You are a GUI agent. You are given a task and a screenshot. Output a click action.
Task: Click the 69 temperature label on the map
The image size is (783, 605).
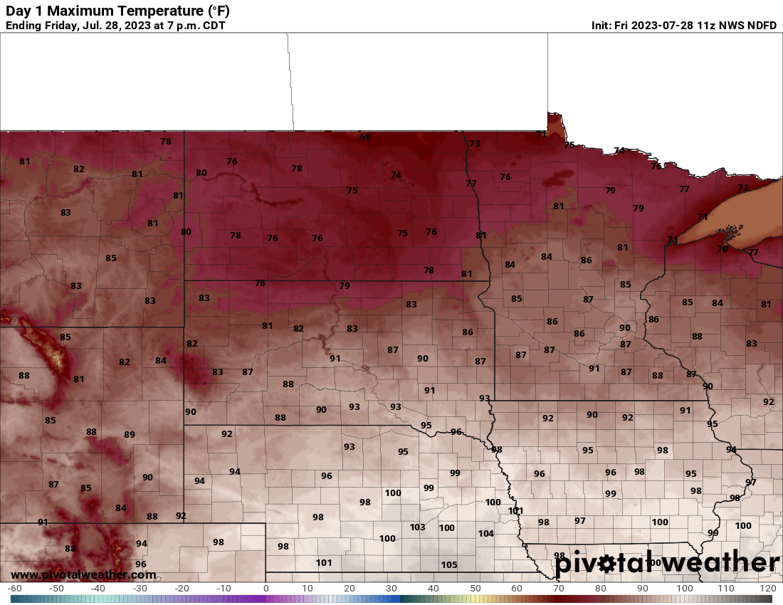tap(365, 137)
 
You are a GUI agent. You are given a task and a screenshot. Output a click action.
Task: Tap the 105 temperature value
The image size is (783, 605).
tap(449, 565)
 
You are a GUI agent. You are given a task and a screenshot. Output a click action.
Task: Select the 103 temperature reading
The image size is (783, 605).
tap(418, 527)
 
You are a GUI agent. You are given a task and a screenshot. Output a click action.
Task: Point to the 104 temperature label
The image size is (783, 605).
tap(485, 534)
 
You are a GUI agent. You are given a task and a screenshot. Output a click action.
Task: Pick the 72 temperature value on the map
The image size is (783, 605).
tap(743, 188)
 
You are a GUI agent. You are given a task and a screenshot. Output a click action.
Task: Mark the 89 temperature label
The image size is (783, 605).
tap(130, 435)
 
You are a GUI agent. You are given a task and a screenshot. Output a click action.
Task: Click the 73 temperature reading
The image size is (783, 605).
tap(475, 144)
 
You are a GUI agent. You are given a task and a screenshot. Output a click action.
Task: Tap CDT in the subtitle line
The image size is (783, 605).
tap(214, 26)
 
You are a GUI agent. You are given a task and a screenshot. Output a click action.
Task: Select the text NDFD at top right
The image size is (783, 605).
tap(761, 26)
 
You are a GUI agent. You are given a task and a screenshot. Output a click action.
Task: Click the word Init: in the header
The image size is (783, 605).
tap(603, 26)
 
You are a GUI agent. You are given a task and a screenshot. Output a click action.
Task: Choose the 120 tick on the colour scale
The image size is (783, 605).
tap(767, 589)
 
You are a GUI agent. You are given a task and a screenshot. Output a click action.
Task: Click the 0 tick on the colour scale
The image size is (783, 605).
tap(266, 589)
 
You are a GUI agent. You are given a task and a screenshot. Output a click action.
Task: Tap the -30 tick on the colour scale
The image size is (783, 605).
tap(140, 589)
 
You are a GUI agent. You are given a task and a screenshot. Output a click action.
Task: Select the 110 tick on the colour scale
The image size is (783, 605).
tap(726, 589)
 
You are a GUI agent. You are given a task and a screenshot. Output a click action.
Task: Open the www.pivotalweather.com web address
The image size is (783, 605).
tap(83, 574)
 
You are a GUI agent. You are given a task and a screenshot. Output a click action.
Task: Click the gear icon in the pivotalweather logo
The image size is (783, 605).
tap(606, 564)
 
